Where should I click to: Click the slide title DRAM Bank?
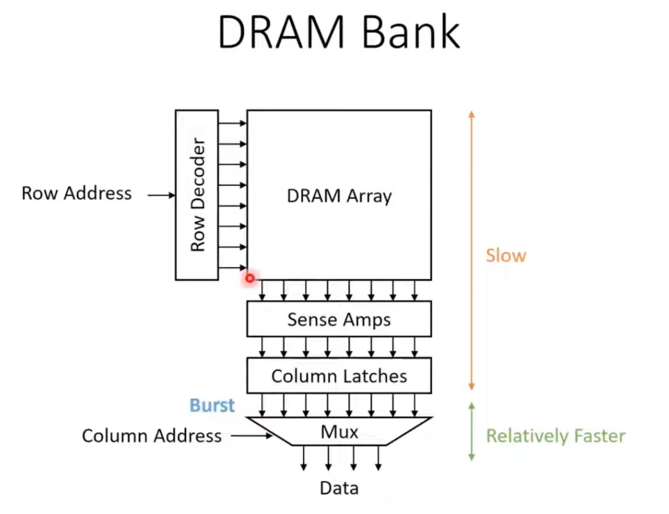tap(339, 32)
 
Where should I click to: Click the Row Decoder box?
tap(197, 194)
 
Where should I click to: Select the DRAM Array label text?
tap(339, 196)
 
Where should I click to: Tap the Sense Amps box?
tap(339, 320)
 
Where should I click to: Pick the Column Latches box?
tap(339, 375)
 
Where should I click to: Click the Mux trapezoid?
tap(339, 431)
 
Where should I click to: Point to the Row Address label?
tap(77, 193)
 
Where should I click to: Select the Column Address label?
tap(152, 436)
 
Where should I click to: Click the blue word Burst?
tap(212, 406)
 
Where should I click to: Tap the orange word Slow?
tap(505, 256)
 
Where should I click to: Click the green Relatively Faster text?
tap(555, 436)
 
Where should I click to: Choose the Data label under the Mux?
tap(339, 489)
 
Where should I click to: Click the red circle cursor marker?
tap(250, 279)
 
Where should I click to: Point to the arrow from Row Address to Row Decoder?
tap(162, 196)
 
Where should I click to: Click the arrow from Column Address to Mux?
tap(251, 436)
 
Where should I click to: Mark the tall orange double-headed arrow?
tap(471, 251)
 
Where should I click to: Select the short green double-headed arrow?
tap(471, 432)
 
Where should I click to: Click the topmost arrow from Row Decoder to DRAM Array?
tap(232, 123)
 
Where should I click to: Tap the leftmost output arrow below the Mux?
tap(304, 458)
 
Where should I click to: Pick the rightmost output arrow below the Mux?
tap(378, 458)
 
